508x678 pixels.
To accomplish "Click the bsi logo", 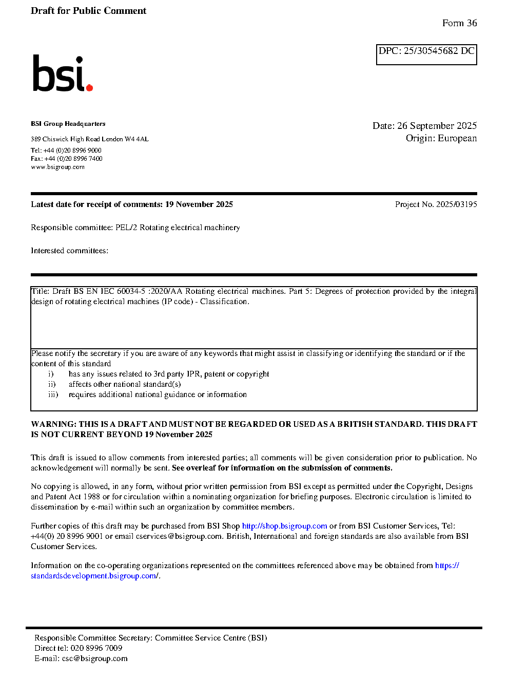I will [x=62, y=73].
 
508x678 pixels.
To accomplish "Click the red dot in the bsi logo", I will [x=90, y=88].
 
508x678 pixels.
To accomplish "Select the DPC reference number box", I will [x=426, y=54].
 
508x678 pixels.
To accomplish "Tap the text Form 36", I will [x=459, y=23].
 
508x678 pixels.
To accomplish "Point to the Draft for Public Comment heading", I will [x=88, y=11].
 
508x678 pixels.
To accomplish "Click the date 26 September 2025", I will [x=437, y=126].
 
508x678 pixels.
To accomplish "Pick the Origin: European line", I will [x=441, y=138].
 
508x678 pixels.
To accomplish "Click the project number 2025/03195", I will [x=456, y=204].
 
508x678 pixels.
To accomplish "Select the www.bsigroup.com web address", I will [x=57, y=167].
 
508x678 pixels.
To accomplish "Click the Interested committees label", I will [x=69, y=251].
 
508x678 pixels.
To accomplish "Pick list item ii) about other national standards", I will [x=124, y=384].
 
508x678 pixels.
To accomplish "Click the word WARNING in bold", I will [x=53, y=424].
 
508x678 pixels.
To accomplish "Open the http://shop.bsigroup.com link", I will [x=284, y=526].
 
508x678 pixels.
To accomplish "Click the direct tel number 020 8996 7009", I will [x=96, y=648].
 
